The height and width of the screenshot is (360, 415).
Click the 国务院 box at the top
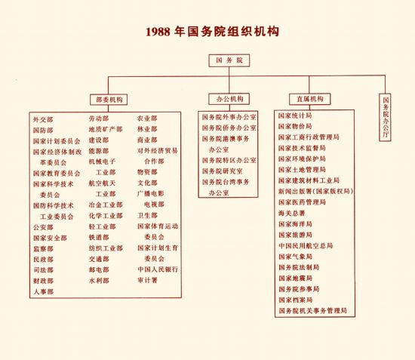229,60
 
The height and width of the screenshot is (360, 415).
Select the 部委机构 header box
109,100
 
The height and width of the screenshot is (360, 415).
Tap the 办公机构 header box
229,99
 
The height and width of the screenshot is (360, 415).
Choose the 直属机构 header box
309,99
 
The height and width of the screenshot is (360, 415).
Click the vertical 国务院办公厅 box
385,117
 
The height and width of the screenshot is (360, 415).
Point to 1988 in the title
158,32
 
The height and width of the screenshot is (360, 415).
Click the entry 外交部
43,120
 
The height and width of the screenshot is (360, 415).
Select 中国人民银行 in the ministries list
158,269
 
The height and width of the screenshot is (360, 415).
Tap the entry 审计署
147,280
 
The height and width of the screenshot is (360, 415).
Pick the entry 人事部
44,292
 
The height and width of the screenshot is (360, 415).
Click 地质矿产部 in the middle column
106,130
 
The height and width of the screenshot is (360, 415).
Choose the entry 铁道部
99,238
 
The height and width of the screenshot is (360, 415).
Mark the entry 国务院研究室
223,171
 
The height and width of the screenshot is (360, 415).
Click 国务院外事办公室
229,117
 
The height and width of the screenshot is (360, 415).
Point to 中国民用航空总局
306,245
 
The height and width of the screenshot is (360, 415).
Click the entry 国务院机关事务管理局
312,311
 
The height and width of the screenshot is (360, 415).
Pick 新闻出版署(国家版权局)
315,192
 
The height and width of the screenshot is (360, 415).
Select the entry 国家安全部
50,238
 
